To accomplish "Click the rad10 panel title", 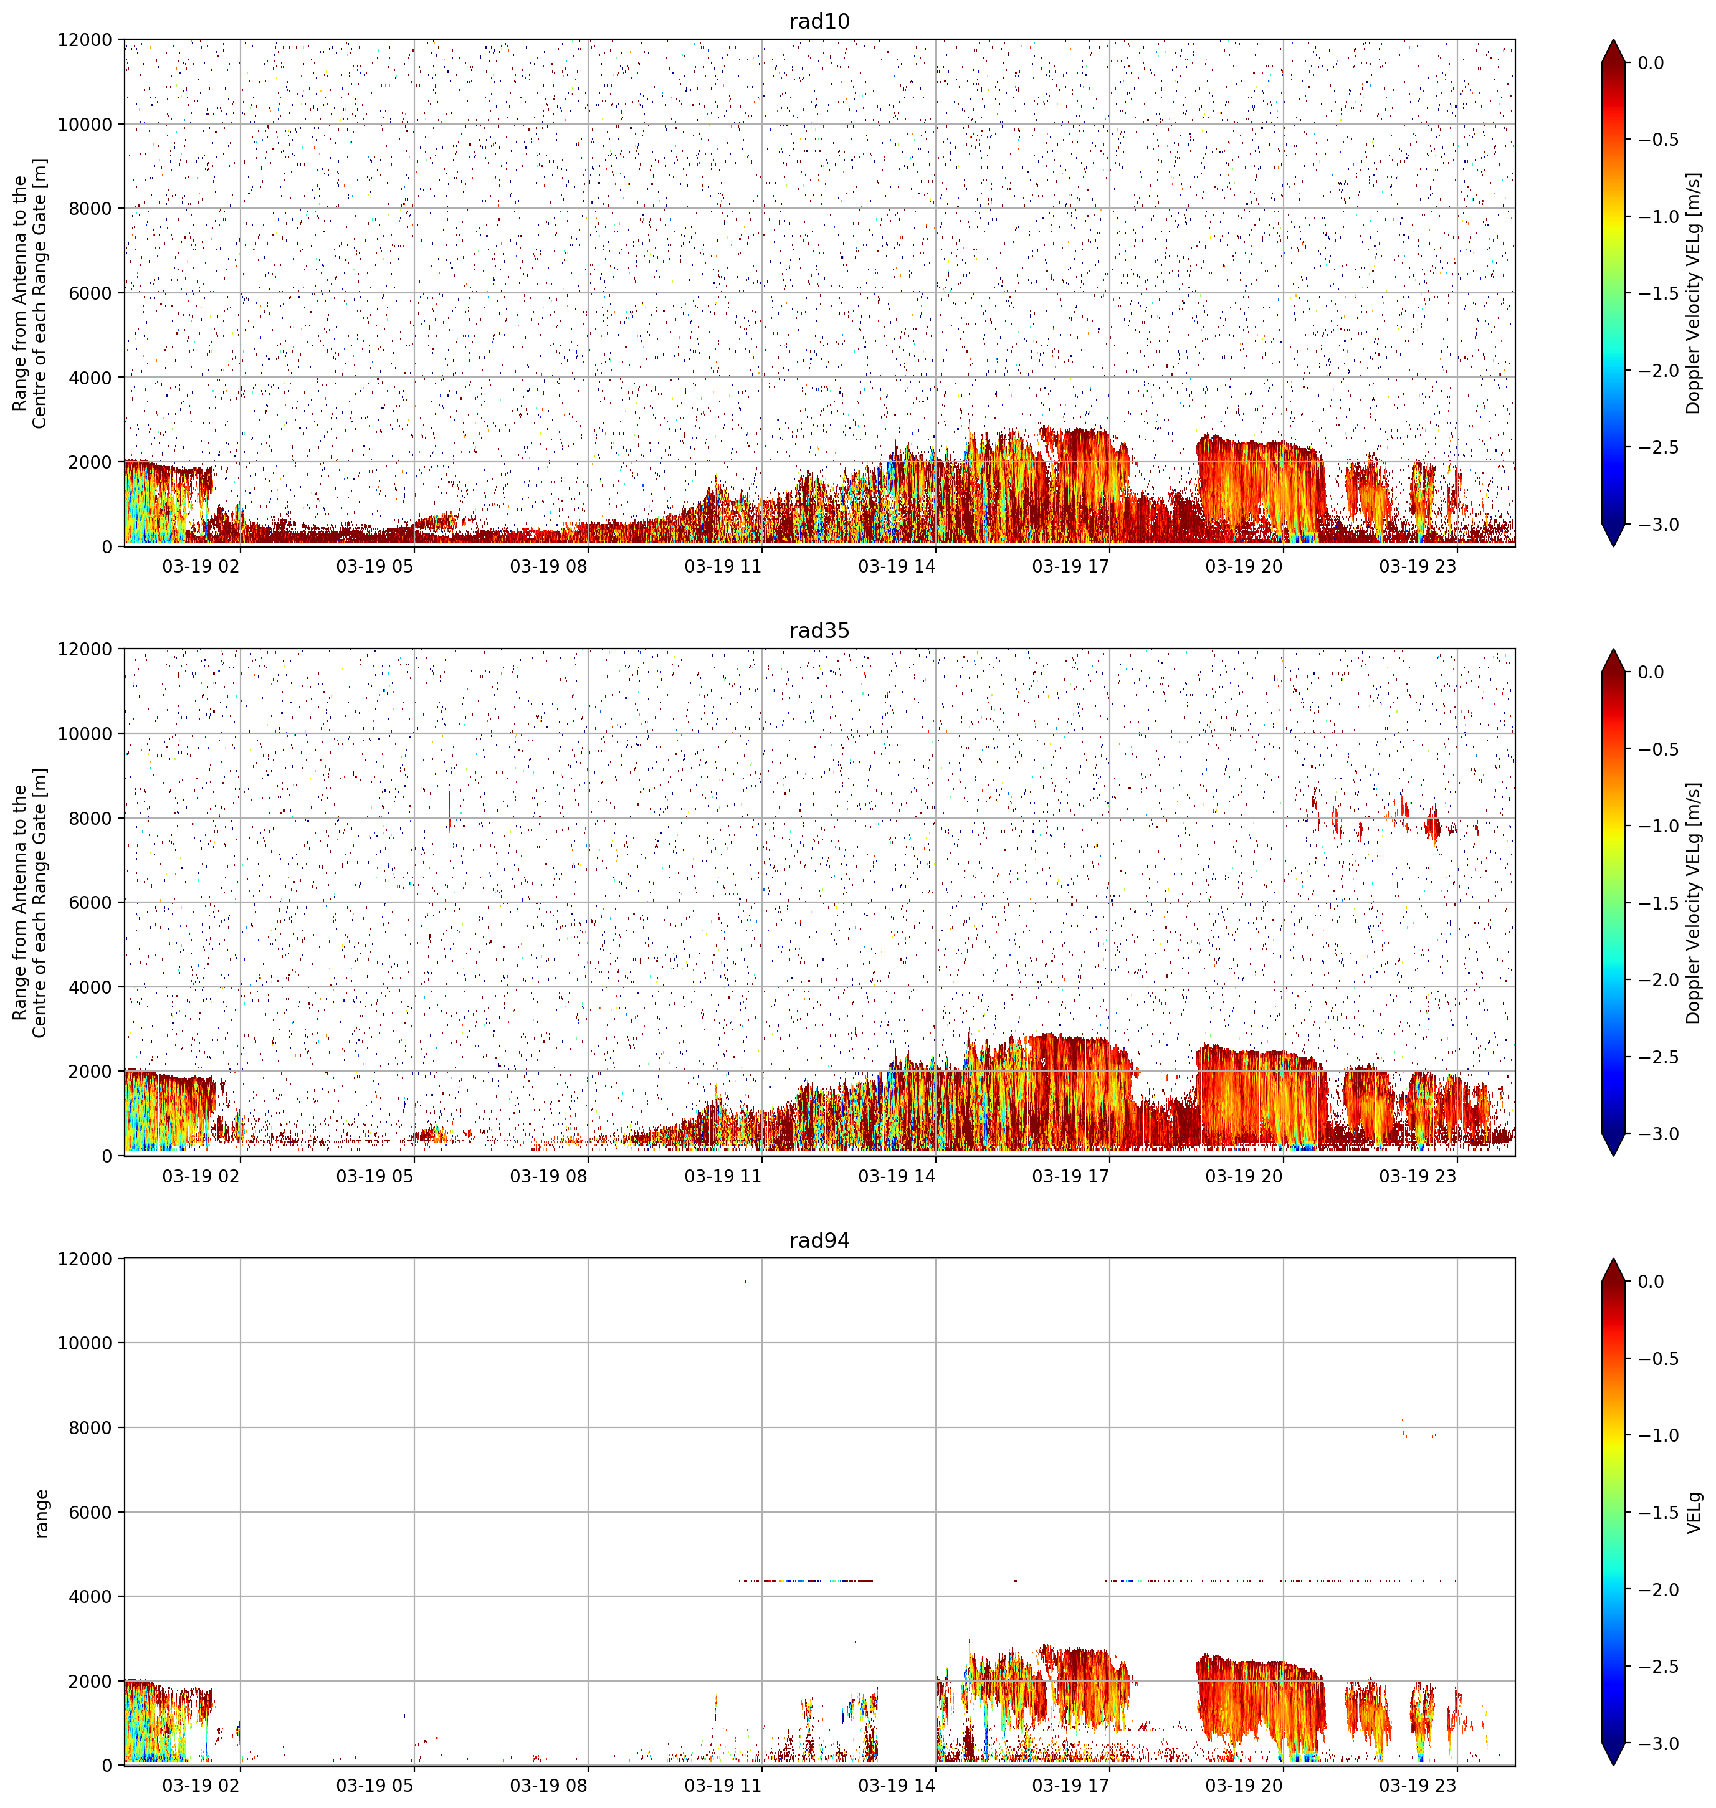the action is pos(819,21).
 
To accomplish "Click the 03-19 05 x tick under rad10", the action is pos(375,566).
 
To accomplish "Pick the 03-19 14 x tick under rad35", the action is pos(897,1176).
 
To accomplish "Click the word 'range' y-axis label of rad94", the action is pos(41,1513).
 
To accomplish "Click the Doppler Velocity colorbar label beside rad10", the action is pos(1694,293).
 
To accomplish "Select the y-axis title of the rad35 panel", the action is pos(29,903).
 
